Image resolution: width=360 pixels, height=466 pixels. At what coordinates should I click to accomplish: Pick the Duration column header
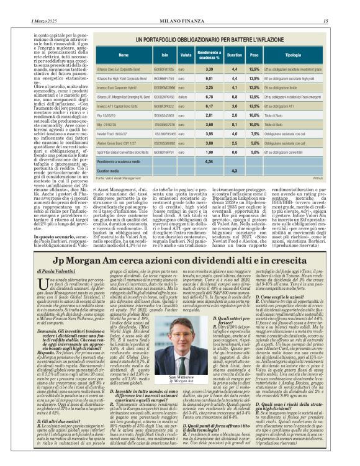pos(234,55)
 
